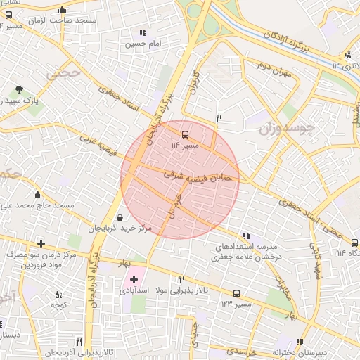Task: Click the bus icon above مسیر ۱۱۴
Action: click(x=186, y=134)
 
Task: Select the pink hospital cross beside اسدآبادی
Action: click(x=134, y=280)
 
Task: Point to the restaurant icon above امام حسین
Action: click(x=143, y=32)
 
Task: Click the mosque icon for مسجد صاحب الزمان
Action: click(x=63, y=10)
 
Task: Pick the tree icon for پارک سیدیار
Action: click(x=19, y=89)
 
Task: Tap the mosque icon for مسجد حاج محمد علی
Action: click(x=37, y=194)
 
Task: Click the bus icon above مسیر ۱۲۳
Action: click(x=236, y=293)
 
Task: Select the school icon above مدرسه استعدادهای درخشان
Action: click(x=245, y=236)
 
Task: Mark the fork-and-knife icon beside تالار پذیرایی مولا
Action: click(x=182, y=279)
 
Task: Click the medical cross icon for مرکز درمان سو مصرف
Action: click(x=41, y=244)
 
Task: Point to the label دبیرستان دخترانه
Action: click(x=311, y=352)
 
